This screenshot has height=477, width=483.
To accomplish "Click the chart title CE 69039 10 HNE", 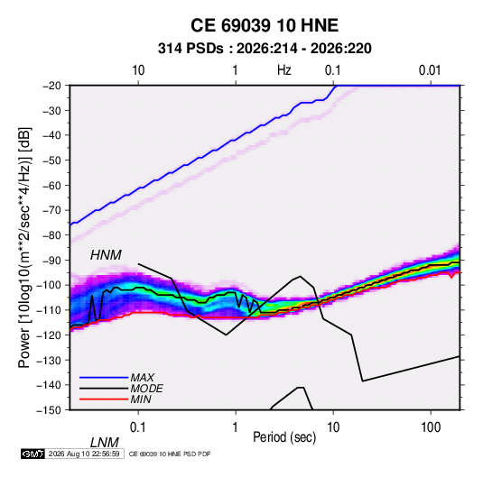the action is [x=265, y=25].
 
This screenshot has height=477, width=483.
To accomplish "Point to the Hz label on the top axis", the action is [x=283, y=70].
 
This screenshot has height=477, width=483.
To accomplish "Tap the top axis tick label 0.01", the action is [x=430, y=70].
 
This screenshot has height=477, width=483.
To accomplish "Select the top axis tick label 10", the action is [x=138, y=70].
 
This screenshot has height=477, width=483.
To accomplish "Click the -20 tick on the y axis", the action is [x=51, y=86].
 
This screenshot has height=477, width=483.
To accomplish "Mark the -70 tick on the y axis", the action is [x=51, y=210].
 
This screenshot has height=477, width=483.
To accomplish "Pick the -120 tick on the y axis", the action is [x=49, y=335].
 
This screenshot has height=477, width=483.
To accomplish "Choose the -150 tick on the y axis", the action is [x=49, y=410].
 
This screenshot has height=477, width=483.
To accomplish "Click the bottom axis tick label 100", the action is [x=431, y=427].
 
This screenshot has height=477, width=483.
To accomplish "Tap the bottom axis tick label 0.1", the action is [x=138, y=427].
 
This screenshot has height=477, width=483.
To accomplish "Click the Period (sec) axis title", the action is [x=284, y=437].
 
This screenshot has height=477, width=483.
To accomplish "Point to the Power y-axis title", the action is [x=24, y=248].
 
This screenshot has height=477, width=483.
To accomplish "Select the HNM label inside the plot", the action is [x=106, y=255].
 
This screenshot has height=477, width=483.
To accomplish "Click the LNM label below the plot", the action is [x=104, y=443].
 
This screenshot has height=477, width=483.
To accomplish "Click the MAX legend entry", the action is [x=143, y=378].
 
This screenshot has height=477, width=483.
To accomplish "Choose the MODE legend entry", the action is [x=146, y=389].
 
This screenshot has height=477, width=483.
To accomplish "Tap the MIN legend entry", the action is [x=141, y=399].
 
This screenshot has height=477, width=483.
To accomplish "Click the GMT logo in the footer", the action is [x=33, y=454].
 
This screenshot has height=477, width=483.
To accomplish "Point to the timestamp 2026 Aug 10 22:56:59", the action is [x=84, y=454].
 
